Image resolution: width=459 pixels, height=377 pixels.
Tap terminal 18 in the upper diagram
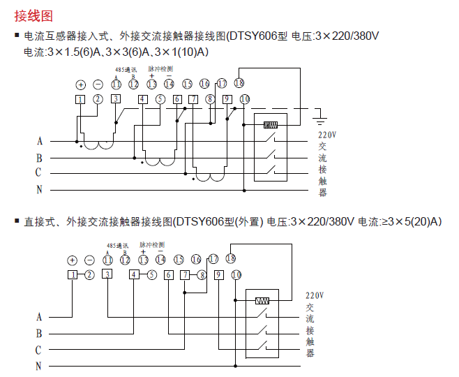pyautogui.click(x=239, y=82)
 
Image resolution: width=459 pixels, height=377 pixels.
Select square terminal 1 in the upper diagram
pyautogui.click(x=81, y=99)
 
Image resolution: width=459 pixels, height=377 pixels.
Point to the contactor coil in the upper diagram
pyautogui.click(x=271, y=126)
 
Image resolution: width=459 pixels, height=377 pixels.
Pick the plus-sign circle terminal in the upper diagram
pyautogui.click(x=81, y=84)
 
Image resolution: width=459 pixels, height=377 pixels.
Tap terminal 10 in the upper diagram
pyautogui.click(x=243, y=99)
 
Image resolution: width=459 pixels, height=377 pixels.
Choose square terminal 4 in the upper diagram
pyautogui.click(x=142, y=99)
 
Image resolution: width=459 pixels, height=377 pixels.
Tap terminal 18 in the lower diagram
pyautogui.click(x=230, y=258)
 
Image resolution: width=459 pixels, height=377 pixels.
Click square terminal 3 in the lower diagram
pyautogui.click(x=107, y=274)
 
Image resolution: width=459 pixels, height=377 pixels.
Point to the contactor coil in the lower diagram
pyautogui.click(x=262, y=302)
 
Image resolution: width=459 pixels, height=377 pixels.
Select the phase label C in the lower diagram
pyautogui.click(x=39, y=350)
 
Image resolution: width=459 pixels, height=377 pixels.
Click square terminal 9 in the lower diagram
pyautogui.click(x=218, y=274)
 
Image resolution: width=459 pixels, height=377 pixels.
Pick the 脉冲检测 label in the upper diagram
pyautogui.click(x=160, y=70)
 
